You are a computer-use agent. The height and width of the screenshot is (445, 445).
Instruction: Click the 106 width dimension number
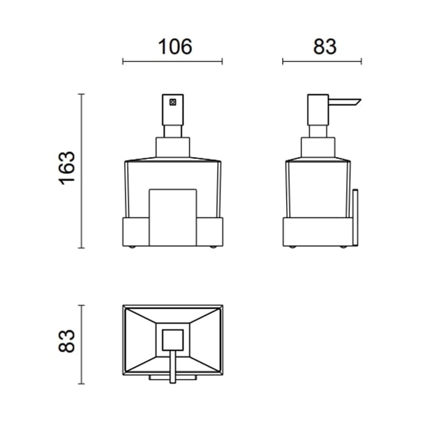click(x=175, y=46)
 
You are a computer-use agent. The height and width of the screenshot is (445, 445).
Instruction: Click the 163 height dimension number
click(x=67, y=168)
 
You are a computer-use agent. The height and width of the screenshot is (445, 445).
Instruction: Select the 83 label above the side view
click(x=325, y=46)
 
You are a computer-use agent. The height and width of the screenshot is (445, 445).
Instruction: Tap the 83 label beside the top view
click(x=67, y=341)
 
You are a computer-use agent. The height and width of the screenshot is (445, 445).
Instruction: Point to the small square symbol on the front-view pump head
click(x=172, y=102)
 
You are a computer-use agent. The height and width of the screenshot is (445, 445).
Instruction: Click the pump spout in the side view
click(x=345, y=102)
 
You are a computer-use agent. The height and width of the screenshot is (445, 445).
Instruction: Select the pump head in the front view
click(x=173, y=110)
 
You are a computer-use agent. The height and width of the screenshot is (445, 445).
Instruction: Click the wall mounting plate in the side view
click(x=355, y=217)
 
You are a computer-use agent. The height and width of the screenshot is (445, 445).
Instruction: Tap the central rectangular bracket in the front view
click(x=173, y=217)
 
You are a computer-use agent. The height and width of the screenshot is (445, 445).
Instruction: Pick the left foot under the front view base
click(x=132, y=247)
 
